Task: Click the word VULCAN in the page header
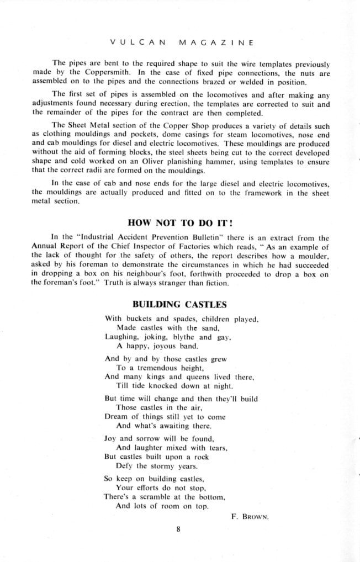(x=129, y=41)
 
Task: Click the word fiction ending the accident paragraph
(x=210, y=283)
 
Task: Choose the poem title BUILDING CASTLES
(x=180, y=304)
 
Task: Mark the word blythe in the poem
(x=181, y=336)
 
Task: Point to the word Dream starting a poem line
(x=115, y=417)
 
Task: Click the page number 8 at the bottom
(x=179, y=530)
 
